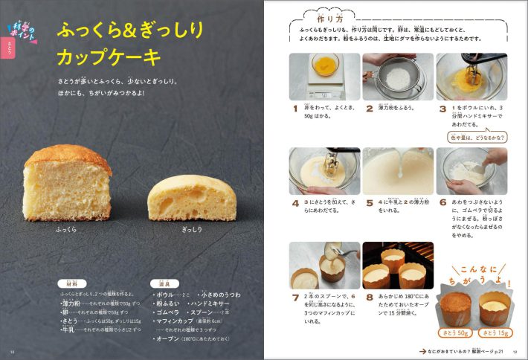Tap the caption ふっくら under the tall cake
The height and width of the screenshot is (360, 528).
[67, 230]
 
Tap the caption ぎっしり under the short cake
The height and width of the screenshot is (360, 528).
[192, 230]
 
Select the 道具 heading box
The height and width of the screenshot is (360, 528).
[165, 283]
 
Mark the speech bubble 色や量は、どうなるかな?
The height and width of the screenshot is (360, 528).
[477, 137]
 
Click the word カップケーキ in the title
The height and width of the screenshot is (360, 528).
[109, 57]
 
